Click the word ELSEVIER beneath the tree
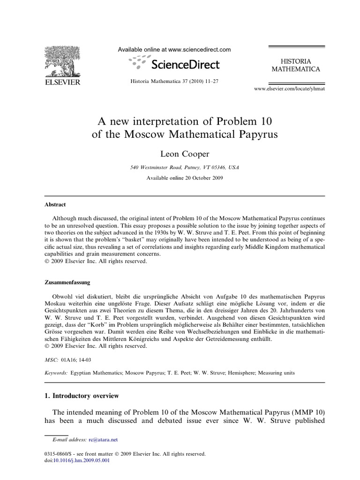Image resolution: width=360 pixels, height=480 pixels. [x=62, y=82]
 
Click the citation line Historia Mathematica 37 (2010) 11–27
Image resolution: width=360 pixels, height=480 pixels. [x=174, y=81]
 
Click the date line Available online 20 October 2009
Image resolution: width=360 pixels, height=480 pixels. [x=180, y=178]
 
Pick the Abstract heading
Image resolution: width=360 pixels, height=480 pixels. [x=55, y=205]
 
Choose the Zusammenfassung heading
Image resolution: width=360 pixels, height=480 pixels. [x=67, y=283]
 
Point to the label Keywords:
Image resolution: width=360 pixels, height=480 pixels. [x=55, y=373]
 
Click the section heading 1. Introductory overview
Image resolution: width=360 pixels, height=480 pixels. [x=82, y=396]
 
